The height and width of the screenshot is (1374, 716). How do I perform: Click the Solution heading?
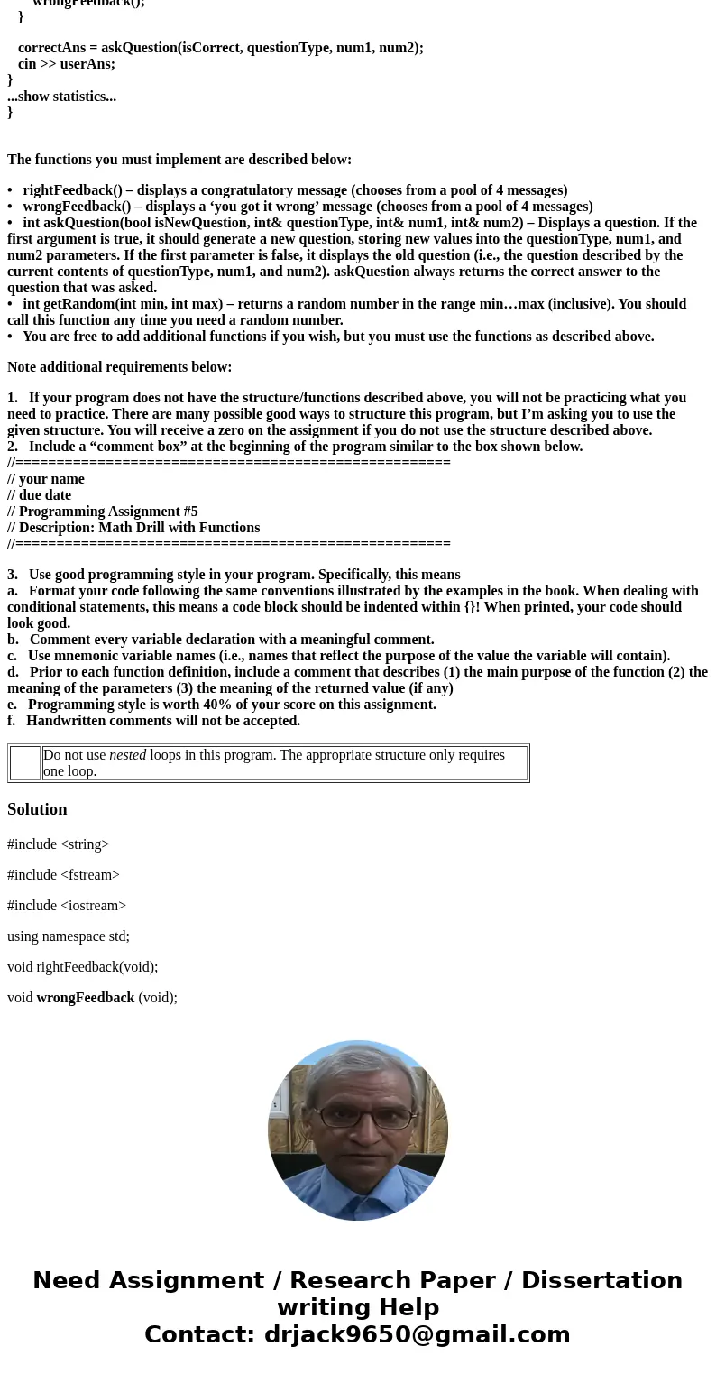[37, 809]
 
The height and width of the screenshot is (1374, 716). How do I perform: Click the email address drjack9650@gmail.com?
[417, 1334]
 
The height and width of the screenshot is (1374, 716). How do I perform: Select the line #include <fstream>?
[63, 875]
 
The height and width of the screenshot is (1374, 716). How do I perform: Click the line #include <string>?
[58, 844]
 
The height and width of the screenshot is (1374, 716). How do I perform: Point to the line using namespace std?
[69, 936]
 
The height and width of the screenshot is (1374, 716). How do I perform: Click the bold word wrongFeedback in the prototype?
[85, 998]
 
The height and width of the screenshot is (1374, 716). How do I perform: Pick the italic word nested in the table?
[127, 755]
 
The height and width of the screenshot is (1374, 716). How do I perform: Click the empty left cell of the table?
[25, 763]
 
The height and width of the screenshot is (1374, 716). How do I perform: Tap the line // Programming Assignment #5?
[103, 512]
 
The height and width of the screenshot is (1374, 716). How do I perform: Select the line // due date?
[39, 495]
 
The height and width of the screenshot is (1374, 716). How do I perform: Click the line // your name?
[46, 479]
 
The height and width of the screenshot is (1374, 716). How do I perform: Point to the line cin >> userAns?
[67, 64]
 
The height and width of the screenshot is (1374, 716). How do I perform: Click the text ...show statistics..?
[61, 97]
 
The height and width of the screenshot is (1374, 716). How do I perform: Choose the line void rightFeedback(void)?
[82, 967]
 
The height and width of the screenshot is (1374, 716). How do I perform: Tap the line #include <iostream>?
[67, 906]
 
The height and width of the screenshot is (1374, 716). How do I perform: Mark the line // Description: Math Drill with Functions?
[133, 528]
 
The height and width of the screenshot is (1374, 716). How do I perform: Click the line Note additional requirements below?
[120, 367]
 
